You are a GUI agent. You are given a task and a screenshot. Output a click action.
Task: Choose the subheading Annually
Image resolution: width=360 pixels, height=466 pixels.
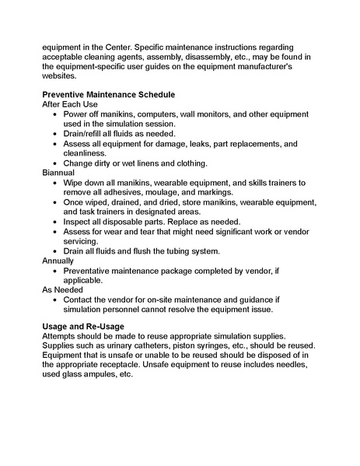tap(59, 261)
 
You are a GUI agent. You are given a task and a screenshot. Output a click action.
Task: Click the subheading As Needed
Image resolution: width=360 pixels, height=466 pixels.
tap(65, 289)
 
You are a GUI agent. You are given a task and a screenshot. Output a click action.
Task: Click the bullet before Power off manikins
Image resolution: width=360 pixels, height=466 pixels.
tap(54, 114)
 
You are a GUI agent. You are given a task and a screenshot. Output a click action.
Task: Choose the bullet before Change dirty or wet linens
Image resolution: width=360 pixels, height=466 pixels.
tap(54, 163)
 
